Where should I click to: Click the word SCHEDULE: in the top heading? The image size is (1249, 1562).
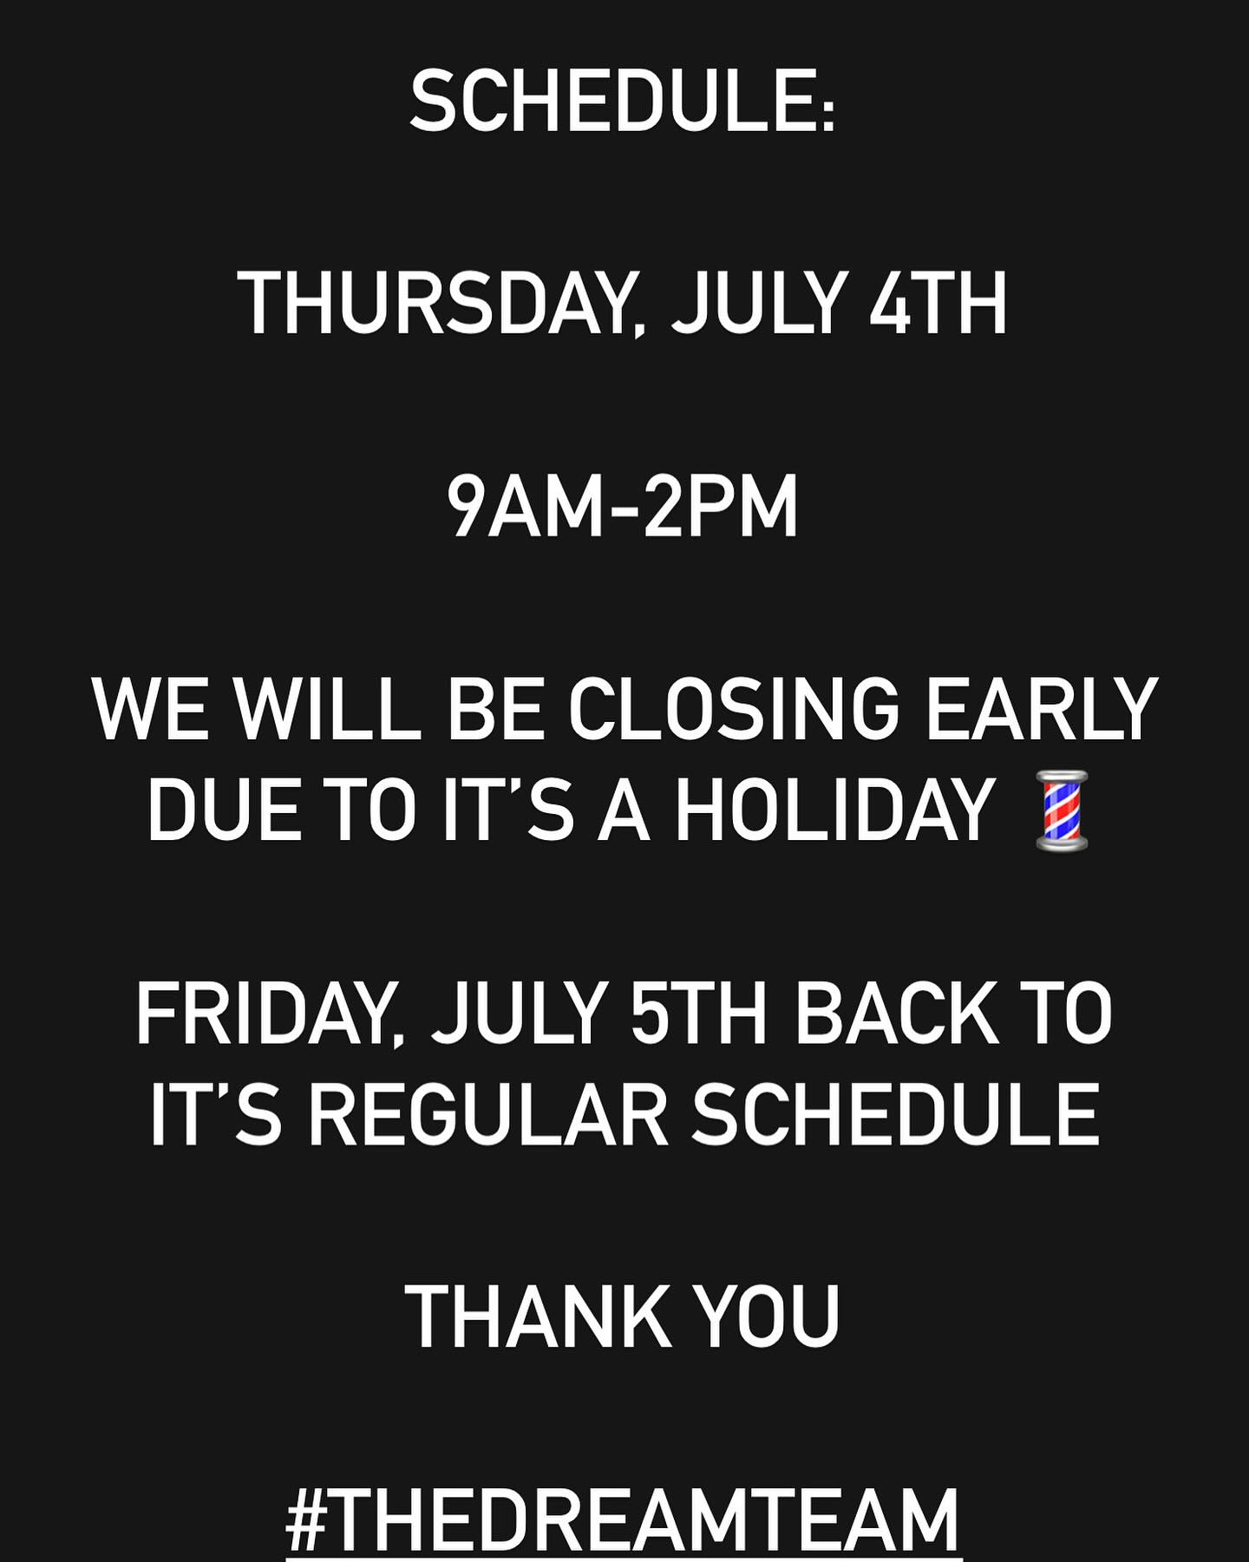click(623, 102)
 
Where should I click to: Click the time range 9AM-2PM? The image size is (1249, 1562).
click(623, 507)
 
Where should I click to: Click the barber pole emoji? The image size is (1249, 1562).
click(1062, 810)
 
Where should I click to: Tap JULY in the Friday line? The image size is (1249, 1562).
click(519, 1014)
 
